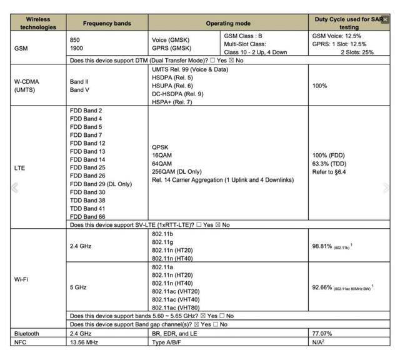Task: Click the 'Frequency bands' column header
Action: tap(107, 23)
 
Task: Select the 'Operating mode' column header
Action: tap(228, 23)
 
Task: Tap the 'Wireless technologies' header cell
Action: tap(37, 23)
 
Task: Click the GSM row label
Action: tap(21, 47)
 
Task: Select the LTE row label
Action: tap(19, 167)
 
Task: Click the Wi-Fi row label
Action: tap(21, 279)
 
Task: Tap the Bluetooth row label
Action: tap(26, 334)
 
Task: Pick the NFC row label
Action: tap(20, 342)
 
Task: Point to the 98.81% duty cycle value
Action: tap(325, 246)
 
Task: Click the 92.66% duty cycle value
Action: tap(325, 287)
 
